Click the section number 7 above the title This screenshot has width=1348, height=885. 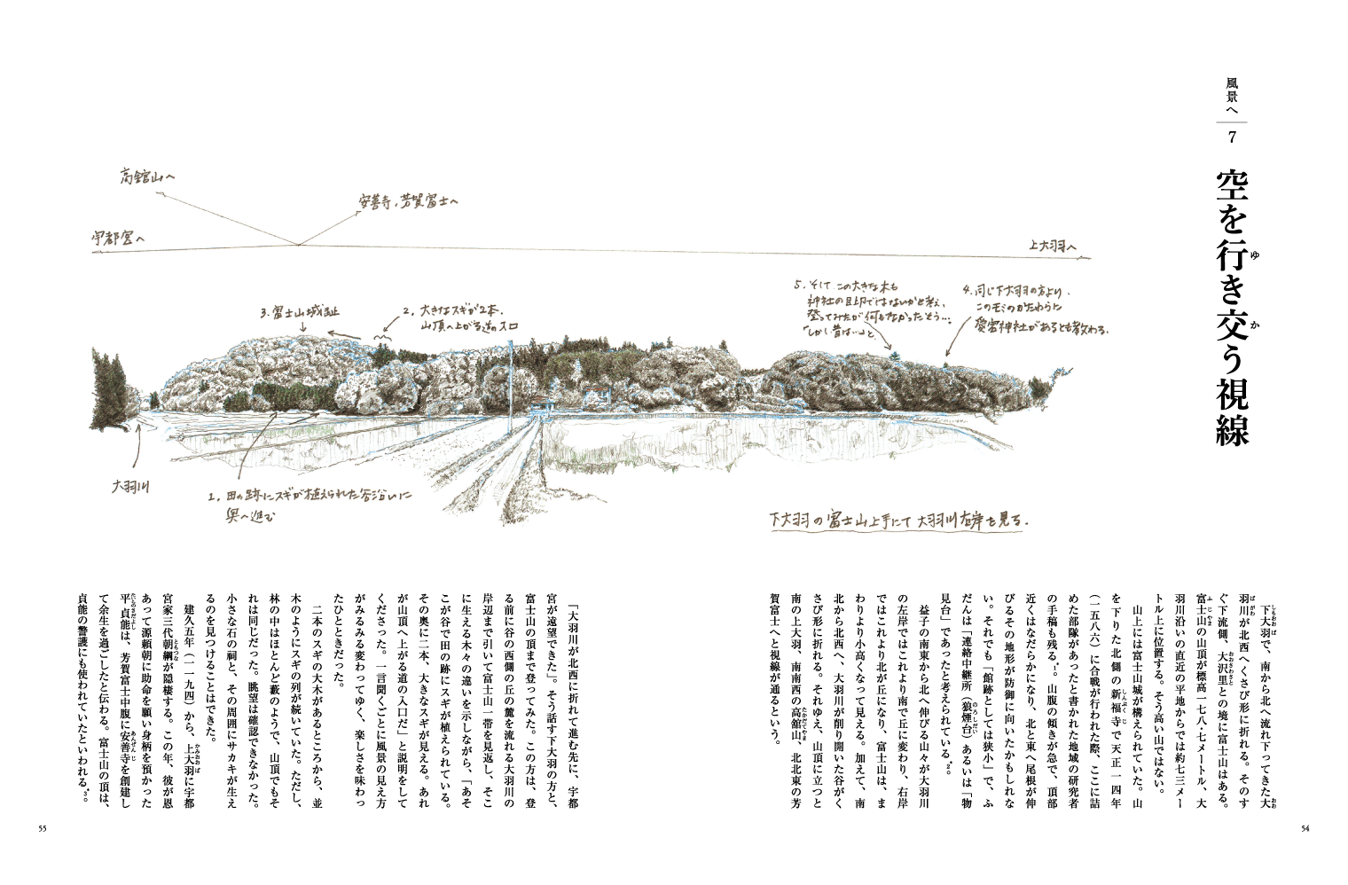point(1233,137)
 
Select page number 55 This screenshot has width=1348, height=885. point(42,829)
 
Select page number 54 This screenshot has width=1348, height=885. point(1305,829)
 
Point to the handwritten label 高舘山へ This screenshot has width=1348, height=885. point(147,177)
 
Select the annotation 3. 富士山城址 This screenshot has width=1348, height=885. point(300,312)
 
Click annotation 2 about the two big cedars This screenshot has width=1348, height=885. point(452,318)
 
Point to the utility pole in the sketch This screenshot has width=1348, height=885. point(512,381)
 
